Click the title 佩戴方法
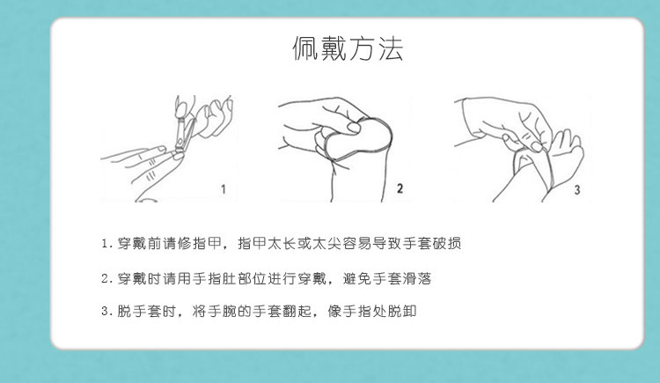point(348,48)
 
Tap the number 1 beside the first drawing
point(224,189)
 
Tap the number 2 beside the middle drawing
point(400,188)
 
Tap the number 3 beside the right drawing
point(577,189)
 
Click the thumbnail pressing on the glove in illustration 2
point(354,127)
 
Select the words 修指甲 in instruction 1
point(199,244)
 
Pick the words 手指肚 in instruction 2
point(214,278)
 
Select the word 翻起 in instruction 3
point(297,312)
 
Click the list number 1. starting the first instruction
point(106,244)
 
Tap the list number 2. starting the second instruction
point(106,279)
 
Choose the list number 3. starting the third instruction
point(106,312)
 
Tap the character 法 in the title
point(391,48)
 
